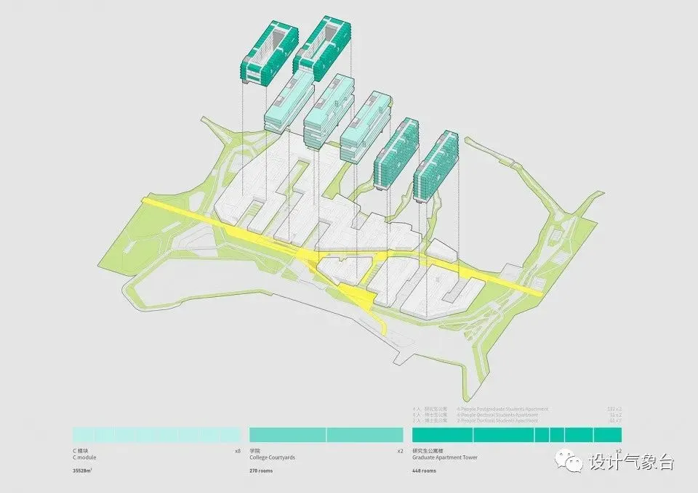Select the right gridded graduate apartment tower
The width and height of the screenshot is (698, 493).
coord(437,165)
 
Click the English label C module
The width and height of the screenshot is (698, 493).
coord(84,458)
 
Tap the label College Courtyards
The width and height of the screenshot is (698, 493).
coord(272,458)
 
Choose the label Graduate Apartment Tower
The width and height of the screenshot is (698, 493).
coord(444,458)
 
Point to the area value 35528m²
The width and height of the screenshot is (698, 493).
coord(84,471)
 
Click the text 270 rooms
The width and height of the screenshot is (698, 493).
coord(262,471)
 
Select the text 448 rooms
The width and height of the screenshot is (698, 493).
coord(425,471)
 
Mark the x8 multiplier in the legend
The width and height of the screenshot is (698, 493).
coord(237,451)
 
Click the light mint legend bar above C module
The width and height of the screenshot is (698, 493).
coord(156,434)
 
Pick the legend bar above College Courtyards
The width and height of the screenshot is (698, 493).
coord(326,434)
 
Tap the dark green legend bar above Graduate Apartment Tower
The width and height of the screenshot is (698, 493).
coord(516,434)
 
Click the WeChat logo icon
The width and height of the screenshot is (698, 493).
coord(569,460)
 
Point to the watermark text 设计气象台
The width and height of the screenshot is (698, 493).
coord(632,461)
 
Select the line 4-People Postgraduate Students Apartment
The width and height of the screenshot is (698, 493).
coord(502,410)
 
